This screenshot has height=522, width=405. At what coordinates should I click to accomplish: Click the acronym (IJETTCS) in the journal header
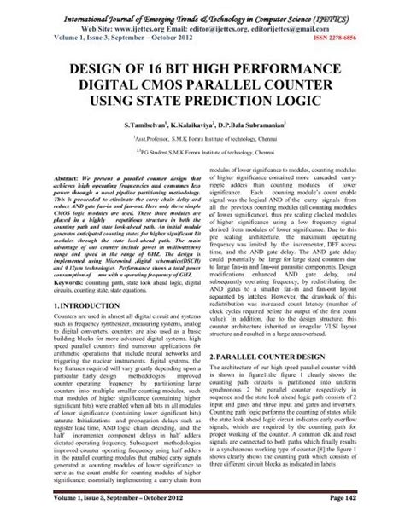pyautogui.click(x=355, y=11)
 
